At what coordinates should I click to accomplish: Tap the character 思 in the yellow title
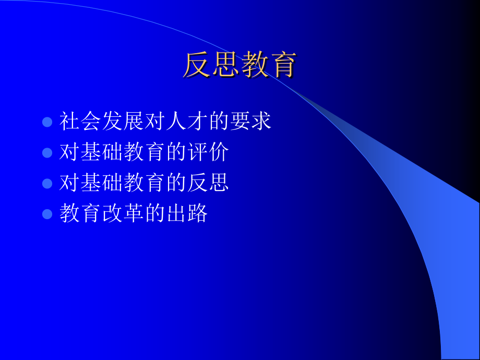pyautogui.click(x=226, y=65)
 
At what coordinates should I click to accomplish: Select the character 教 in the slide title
pyautogui.click(x=255, y=65)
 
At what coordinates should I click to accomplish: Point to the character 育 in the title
pyautogui.click(x=283, y=65)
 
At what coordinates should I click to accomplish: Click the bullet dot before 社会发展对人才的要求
pyautogui.click(x=47, y=122)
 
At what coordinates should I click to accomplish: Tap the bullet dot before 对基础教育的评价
pyautogui.click(x=47, y=152)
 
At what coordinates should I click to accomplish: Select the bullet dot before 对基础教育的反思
pyautogui.click(x=47, y=183)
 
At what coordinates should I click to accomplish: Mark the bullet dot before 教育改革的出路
pyautogui.click(x=47, y=213)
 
